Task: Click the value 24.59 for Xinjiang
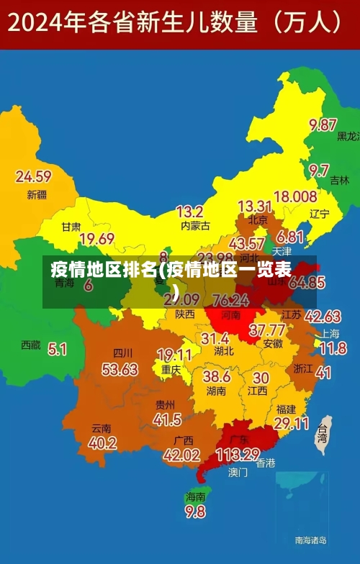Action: pos(33,176)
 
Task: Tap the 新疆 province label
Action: pos(37,194)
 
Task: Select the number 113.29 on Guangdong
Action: pos(237,454)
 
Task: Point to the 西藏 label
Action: pos(31,345)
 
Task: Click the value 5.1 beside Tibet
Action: pos(58,349)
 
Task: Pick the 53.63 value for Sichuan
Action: pos(120,370)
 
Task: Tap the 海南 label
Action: pos(196,496)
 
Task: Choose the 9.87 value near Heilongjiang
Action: pos(323,124)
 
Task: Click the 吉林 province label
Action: pos(340,181)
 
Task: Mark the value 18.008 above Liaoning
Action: pos(295,196)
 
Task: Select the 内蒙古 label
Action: pos(195,226)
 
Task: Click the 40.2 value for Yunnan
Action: pos(102,442)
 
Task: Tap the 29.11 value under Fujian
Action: pos(292,424)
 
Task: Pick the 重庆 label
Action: pos(171,369)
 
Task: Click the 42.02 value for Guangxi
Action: pos(181,455)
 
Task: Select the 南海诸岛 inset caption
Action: pos(311,540)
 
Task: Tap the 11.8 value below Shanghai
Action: pos(333,348)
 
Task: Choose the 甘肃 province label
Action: pos(71,226)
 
